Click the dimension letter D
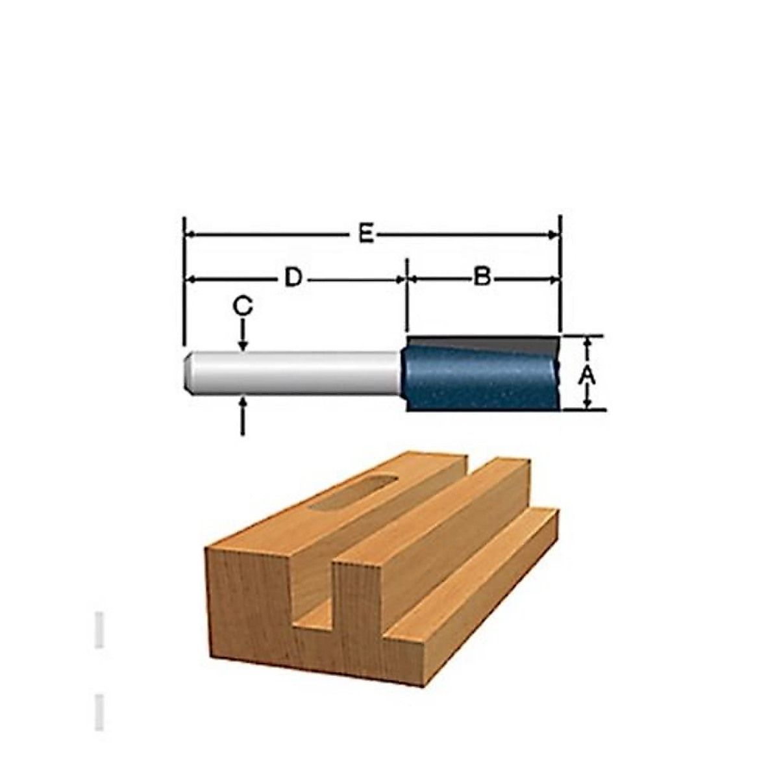point(293,278)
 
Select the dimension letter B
point(482,278)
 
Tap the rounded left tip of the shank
point(187,373)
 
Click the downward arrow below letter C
point(243,335)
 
